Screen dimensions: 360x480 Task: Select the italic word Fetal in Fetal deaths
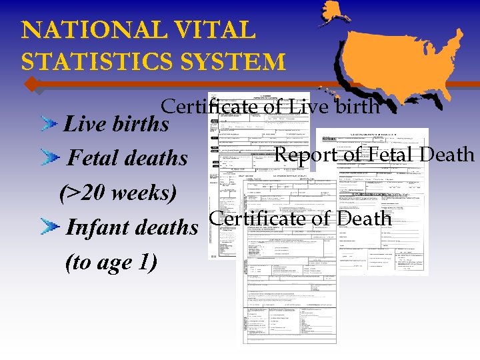(x=94, y=158)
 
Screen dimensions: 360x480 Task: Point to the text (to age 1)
(x=111, y=262)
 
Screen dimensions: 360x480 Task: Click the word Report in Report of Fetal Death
(x=308, y=155)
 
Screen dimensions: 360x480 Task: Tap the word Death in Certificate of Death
(x=365, y=218)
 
